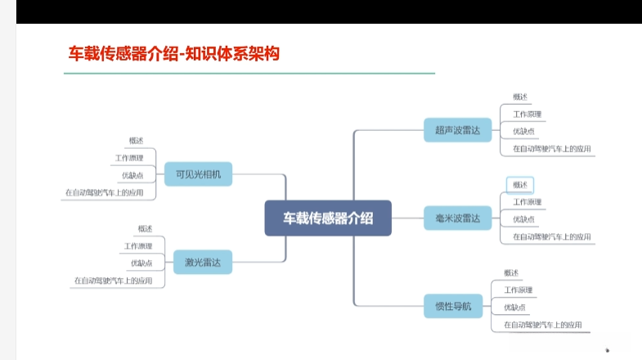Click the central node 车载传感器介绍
click(328, 218)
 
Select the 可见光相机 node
click(199, 173)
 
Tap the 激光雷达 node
click(203, 263)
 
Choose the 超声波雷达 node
click(457, 129)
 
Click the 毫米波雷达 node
click(457, 218)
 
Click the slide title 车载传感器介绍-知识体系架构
click(173, 54)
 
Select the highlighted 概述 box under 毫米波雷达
click(520, 185)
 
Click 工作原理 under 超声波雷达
click(527, 114)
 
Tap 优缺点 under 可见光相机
click(132, 175)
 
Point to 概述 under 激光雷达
click(145, 228)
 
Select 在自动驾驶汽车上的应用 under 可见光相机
click(104, 193)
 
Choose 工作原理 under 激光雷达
click(138, 245)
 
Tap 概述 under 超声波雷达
click(520, 97)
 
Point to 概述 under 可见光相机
click(136, 140)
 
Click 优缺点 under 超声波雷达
click(523, 131)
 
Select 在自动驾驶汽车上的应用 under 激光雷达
click(113, 281)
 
